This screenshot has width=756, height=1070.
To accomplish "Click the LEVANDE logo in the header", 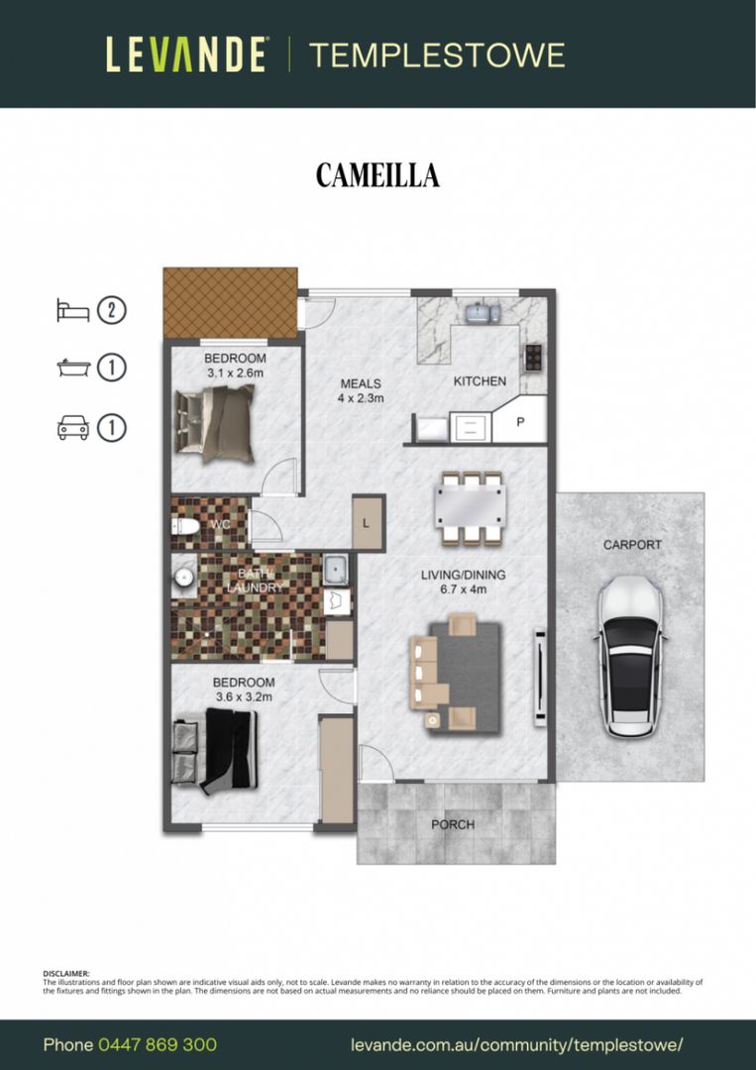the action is pyautogui.click(x=186, y=54).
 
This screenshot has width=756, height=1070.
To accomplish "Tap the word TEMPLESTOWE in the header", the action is pyautogui.click(x=437, y=55).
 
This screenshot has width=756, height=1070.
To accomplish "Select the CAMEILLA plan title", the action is pyautogui.click(x=378, y=175).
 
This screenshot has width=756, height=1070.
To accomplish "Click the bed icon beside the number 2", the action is pyautogui.click(x=73, y=310).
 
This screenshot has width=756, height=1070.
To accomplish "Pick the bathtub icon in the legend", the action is pyautogui.click(x=73, y=369).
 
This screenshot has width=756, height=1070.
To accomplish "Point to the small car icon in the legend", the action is pyautogui.click(x=73, y=428).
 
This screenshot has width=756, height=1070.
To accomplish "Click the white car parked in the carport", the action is pyautogui.click(x=631, y=656).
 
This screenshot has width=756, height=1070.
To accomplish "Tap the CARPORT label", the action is pyautogui.click(x=632, y=545).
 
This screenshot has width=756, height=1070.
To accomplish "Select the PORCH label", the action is pyautogui.click(x=453, y=824).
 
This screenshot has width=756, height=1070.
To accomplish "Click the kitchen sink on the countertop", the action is pyautogui.click(x=484, y=313).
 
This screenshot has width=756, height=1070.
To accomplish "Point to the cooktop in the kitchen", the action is pyautogui.click(x=533, y=357).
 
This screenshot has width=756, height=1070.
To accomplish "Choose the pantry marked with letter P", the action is pyautogui.click(x=520, y=420).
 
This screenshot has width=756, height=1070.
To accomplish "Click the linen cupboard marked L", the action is pyautogui.click(x=369, y=523).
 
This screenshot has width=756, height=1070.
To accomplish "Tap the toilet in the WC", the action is pyautogui.click(x=185, y=526).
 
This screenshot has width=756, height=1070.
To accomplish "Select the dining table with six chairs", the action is pyautogui.click(x=471, y=508).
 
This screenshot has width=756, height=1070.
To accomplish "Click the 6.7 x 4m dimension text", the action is pyautogui.click(x=464, y=588).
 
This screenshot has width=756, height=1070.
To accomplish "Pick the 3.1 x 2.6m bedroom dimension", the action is pyautogui.click(x=235, y=373).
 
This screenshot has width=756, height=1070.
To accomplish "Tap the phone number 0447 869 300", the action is pyautogui.click(x=158, y=1045).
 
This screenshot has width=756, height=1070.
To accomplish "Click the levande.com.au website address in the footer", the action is pyautogui.click(x=516, y=1045).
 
